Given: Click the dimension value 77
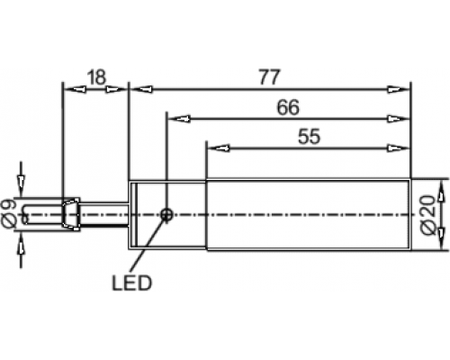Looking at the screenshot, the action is pos(269,77).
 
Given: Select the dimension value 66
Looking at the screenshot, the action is pos(288,107).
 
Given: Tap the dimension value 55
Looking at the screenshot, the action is pos(310,137).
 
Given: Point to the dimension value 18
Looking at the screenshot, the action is pos(96,77).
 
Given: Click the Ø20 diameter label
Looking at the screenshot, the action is pos(428,214).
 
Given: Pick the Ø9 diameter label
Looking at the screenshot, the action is pos(9,214).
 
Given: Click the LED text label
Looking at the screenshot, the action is pos(132,283).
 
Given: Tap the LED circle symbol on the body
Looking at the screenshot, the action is pos(166,214).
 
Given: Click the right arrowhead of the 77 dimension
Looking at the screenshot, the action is pos(398,89).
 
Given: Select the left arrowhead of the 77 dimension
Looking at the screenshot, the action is pos(142,89).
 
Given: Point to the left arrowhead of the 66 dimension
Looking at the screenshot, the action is pos(179,119).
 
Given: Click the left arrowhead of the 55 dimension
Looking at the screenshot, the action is pos(219,148).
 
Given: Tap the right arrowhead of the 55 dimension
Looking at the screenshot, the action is pos(398,148).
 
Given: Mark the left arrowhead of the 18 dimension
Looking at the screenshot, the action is pos(75,89).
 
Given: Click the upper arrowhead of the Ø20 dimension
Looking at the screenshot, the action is pos(441,191).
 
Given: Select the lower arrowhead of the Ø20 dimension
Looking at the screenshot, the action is pos(441,238).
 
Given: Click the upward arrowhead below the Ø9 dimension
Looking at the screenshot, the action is pos(21,246).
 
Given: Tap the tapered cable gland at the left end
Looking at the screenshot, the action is pos(71,214).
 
